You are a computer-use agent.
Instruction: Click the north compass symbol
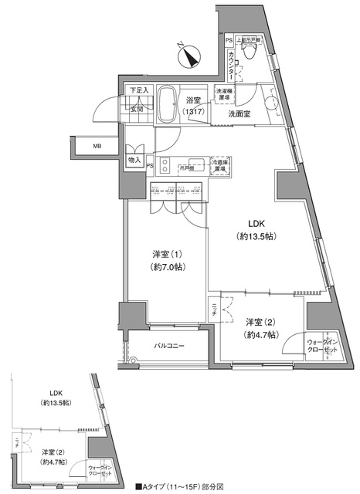190,56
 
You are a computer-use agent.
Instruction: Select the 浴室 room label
194,100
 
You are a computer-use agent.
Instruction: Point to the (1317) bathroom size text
194,113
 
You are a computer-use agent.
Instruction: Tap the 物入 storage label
134,159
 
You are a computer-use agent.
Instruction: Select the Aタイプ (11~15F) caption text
179,487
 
